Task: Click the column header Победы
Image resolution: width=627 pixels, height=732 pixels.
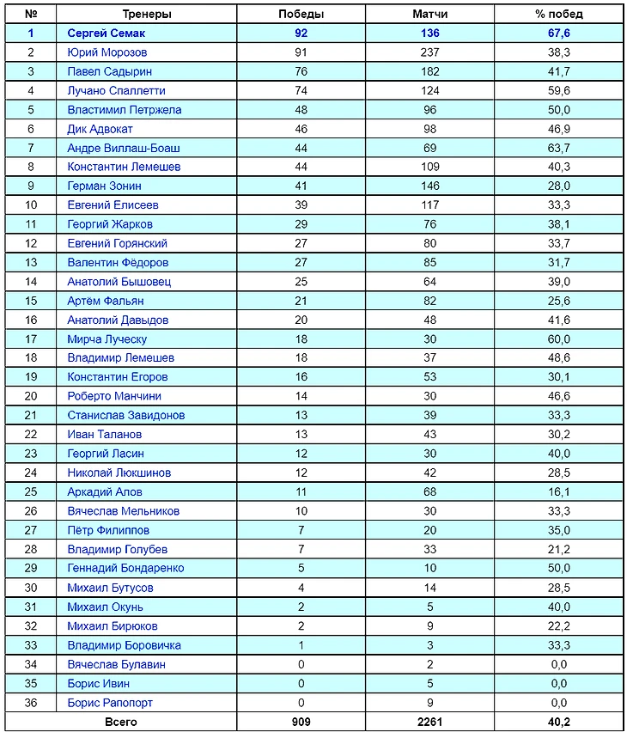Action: [x=301, y=15]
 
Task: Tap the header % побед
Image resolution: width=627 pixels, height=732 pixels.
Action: [x=559, y=15]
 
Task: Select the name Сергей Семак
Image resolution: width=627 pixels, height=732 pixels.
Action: [x=107, y=34]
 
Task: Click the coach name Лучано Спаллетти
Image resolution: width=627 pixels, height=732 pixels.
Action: [x=116, y=90]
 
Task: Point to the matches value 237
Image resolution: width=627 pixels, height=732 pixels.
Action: [x=429, y=52]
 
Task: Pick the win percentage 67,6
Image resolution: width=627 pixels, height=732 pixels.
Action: [x=559, y=34]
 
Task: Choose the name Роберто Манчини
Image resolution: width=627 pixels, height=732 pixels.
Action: [x=114, y=396]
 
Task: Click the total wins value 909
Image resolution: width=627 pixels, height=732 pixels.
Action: [x=301, y=723]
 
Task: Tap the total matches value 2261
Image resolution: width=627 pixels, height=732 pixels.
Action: [x=429, y=723]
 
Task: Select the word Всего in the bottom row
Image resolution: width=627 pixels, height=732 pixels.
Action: [x=120, y=723]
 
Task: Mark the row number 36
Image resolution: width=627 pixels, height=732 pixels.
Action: [x=31, y=703]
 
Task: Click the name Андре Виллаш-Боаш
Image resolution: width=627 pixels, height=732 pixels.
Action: [x=124, y=148]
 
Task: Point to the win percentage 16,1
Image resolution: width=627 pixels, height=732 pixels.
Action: [x=559, y=491]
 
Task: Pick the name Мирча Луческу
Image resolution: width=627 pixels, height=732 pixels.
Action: [x=107, y=339]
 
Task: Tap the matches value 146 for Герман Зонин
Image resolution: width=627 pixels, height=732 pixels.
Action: [x=429, y=186]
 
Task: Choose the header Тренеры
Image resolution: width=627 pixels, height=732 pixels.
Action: [x=147, y=15]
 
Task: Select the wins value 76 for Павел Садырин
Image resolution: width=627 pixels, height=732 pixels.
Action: [x=301, y=71]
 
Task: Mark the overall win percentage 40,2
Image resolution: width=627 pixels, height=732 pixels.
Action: [x=559, y=723]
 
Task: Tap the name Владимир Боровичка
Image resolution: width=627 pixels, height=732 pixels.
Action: [x=124, y=645]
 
